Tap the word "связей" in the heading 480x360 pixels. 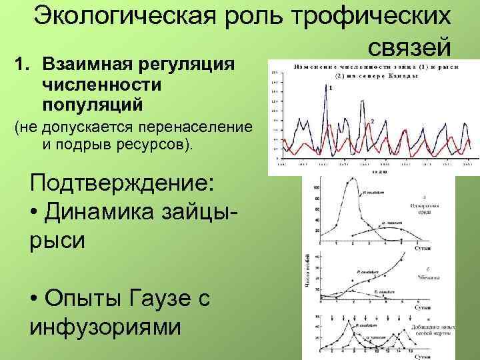[x=409, y=47]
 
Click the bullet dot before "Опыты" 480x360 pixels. [x=35, y=300]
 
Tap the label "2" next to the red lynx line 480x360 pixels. [x=372, y=121]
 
